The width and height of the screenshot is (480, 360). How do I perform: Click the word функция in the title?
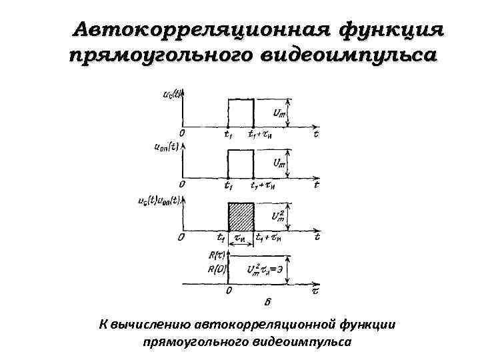tap(391, 30)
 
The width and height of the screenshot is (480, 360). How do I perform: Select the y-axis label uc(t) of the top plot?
tap(173, 95)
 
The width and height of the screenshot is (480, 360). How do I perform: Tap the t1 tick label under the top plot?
tap(228, 135)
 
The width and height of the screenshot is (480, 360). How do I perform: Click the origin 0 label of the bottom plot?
tap(229, 291)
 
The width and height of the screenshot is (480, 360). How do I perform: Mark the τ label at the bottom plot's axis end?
tap(316, 291)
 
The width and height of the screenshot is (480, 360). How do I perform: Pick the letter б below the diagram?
tap(269, 305)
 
